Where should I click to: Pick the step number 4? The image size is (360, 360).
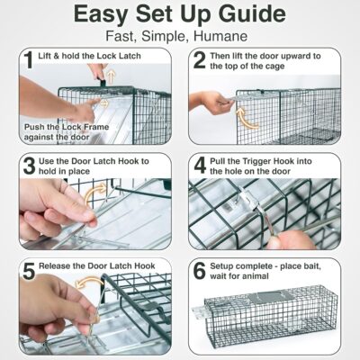coord(199,167)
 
